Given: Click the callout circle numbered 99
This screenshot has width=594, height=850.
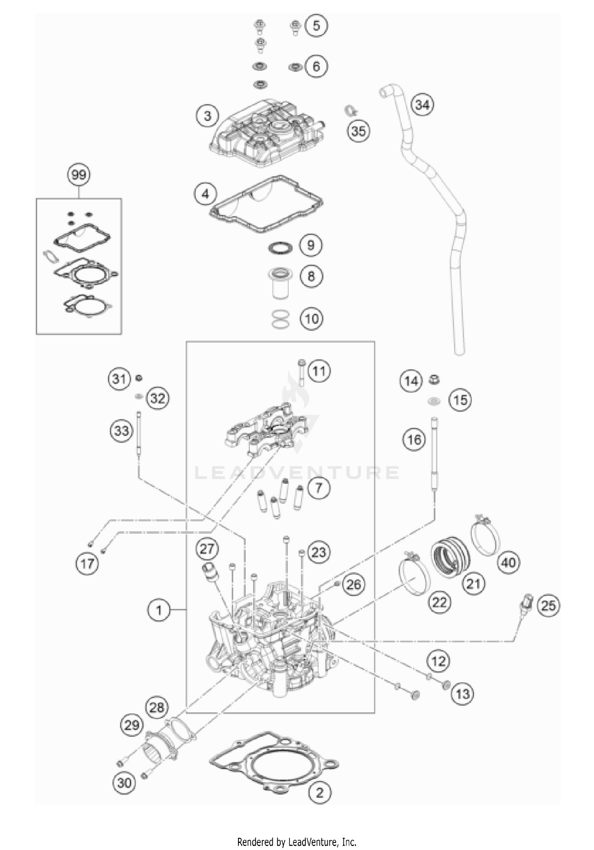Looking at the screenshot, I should tap(79, 175).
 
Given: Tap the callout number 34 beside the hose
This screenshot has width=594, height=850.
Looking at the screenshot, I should tap(422, 105).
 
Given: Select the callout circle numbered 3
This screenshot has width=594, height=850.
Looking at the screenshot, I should tap(208, 116).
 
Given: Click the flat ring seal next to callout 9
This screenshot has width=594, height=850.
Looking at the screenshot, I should tap(280, 248).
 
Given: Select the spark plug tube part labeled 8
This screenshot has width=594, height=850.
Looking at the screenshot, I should tap(280, 284).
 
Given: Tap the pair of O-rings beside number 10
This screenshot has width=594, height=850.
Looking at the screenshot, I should tap(280, 319).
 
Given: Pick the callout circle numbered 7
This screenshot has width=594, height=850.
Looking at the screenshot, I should tap(318, 488).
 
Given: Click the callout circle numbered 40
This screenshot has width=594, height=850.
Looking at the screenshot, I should tap(509, 562).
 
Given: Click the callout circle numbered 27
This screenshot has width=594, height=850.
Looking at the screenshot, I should tap(207, 549).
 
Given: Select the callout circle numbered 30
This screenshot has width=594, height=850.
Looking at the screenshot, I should tap(124, 783).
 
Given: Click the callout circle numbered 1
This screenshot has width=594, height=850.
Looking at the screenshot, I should tap(159, 610).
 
